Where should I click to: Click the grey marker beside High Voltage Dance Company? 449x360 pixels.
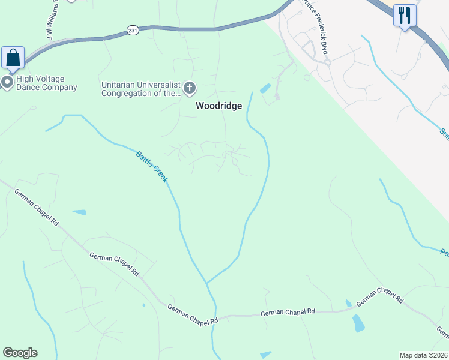[7, 82]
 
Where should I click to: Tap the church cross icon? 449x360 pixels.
[190, 89]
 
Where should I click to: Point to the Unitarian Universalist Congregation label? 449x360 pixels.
[141, 89]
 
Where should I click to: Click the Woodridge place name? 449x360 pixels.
[218, 106]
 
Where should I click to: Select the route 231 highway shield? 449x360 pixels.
[132, 29]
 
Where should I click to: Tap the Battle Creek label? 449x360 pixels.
[152, 166]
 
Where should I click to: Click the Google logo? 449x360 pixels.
[20, 353]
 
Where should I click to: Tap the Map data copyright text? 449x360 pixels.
[424, 355]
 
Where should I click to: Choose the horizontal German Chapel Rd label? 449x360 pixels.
[288, 313]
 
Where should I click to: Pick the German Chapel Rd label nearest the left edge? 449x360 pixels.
[37, 208]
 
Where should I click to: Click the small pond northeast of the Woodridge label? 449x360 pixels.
[265, 89]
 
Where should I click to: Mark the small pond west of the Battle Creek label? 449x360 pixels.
[79, 212]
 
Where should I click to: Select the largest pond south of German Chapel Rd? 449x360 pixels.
[358, 323]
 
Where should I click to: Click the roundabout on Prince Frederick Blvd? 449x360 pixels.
[328, 62]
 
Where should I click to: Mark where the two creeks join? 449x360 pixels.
[206, 283]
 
